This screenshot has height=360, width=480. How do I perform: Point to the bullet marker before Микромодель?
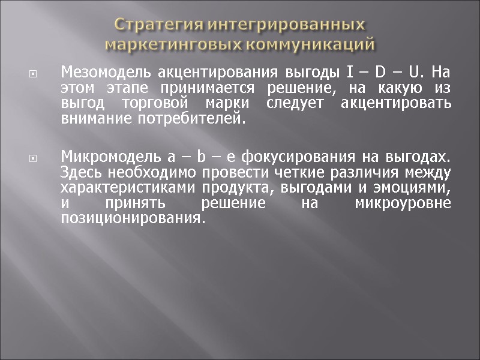tap(33, 160)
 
